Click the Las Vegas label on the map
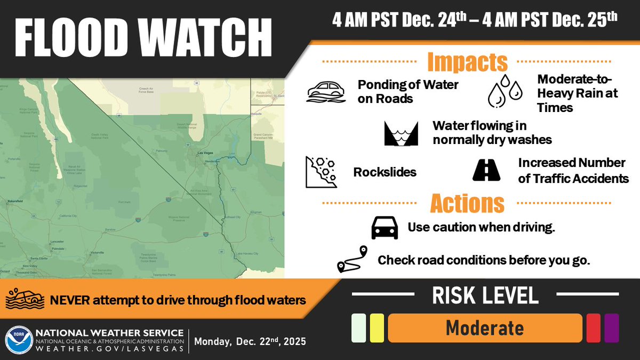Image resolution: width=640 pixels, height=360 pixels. pyautogui.click(x=205, y=153)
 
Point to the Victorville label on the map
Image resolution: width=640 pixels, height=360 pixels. pyautogui.click(x=97, y=252)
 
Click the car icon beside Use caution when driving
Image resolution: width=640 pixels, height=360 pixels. pyautogui.click(x=385, y=228)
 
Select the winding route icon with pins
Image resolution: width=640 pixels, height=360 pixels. pyautogui.click(x=353, y=260)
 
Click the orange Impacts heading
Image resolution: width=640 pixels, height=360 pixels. pyautogui.click(x=467, y=62)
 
